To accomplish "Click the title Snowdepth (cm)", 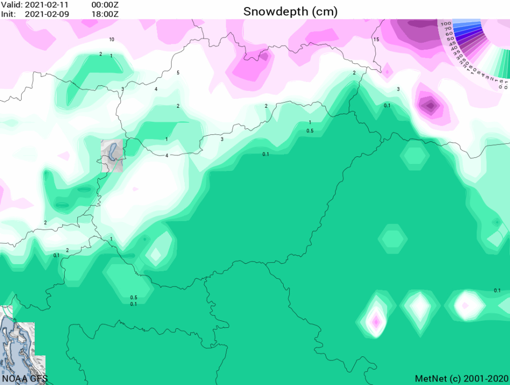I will point(290,12).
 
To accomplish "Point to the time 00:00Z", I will point(104,5).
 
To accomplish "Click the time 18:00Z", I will point(104,14).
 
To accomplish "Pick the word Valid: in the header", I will point(11,5).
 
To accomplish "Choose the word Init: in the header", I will point(9,14).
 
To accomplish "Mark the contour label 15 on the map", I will point(375,39).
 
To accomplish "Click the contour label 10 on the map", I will point(111,39).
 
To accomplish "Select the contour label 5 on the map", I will point(178,73).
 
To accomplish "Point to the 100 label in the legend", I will point(445,24).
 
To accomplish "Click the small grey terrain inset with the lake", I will point(112,155).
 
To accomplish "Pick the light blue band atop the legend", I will point(467,23).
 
